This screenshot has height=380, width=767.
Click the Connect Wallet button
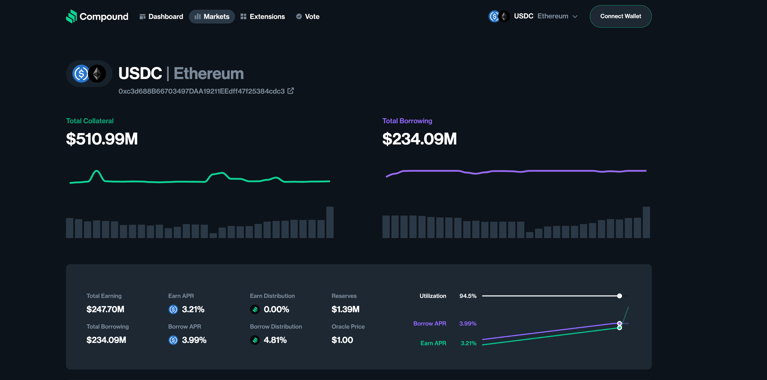point(620,16)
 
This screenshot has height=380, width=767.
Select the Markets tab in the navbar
point(212,17)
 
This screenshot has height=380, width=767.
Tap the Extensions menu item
point(263,17)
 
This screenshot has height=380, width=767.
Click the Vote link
point(308,17)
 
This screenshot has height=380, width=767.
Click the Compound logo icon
point(71,16)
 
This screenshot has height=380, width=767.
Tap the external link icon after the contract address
point(291,91)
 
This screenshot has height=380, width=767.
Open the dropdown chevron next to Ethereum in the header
point(575,17)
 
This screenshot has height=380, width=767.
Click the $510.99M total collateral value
point(102,139)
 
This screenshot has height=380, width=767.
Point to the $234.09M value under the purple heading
point(419,139)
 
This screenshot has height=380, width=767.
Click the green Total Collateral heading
point(90,121)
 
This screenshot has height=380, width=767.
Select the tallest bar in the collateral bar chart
point(330,222)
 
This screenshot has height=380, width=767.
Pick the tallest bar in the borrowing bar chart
point(646,222)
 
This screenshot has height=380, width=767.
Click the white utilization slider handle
point(619,296)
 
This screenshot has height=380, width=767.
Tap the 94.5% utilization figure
point(468,296)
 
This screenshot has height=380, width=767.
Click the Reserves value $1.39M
point(345,309)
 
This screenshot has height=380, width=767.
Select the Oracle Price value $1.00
point(342,340)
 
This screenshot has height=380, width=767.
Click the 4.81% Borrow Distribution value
point(275,340)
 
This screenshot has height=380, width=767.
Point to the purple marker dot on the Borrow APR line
point(619,323)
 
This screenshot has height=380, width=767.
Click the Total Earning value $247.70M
point(105,309)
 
